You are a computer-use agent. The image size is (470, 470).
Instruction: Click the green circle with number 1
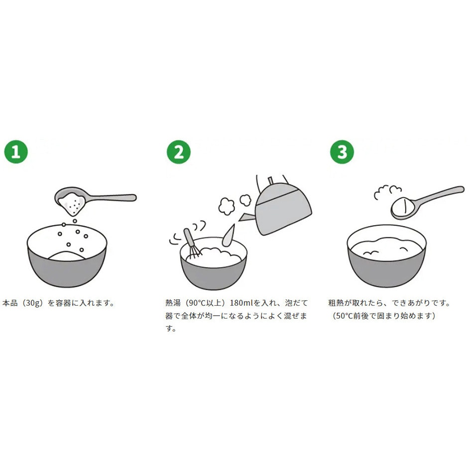tap(16, 152)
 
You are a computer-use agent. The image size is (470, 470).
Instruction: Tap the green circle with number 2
tap(179, 152)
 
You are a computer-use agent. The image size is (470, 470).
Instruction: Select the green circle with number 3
tap(342, 152)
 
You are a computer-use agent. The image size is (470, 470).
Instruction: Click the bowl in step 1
tap(67, 258)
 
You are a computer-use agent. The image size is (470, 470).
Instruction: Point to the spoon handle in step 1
tap(113, 198)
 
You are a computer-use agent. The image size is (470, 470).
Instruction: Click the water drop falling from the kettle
tap(228, 235)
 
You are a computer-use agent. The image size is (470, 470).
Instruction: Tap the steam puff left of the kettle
tap(227, 206)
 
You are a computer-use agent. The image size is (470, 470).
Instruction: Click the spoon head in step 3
tap(405, 208)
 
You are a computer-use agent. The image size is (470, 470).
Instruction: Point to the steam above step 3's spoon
tap(387, 192)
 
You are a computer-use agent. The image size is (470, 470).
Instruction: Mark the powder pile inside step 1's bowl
tap(67, 255)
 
